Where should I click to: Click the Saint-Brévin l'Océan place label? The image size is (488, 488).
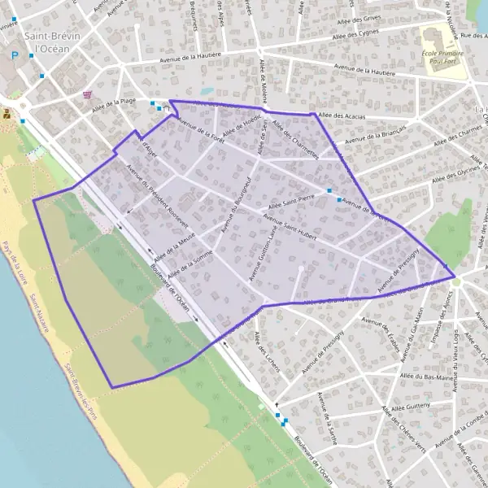[46, 41]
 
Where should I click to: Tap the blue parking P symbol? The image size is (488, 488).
[14, 55]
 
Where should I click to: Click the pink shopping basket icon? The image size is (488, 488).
[87, 94]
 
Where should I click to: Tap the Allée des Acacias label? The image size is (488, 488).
[342, 116]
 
